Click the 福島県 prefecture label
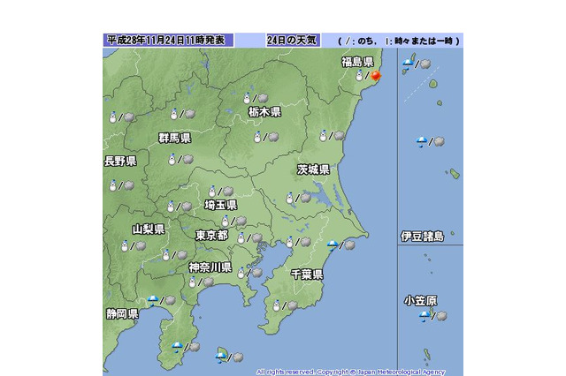point(358,62)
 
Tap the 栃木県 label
point(264,112)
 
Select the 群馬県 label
point(174,139)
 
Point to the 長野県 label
point(120,162)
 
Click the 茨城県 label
point(313,169)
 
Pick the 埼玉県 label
point(219,205)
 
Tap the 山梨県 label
point(148,229)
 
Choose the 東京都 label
point(211,236)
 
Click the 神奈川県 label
point(210,267)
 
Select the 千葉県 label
point(306,275)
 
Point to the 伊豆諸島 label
point(428,237)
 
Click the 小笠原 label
point(420,301)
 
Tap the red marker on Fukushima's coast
point(374,76)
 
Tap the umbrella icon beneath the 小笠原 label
point(424,316)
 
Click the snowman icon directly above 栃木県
point(249,98)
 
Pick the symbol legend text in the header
point(400,41)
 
